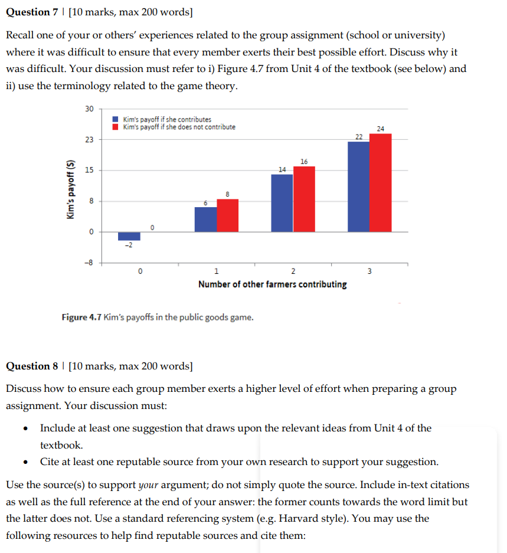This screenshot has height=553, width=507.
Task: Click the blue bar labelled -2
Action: coord(129,236)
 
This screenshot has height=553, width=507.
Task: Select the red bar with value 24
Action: coord(380,182)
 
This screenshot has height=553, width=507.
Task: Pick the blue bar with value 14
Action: coord(282,202)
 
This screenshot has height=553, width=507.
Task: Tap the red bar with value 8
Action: coord(227,215)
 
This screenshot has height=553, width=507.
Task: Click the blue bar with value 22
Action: coord(358,186)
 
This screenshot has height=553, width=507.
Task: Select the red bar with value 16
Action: coord(304,199)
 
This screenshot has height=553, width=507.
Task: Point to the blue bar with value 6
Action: coord(205,219)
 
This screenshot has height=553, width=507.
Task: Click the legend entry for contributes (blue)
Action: coord(162,120)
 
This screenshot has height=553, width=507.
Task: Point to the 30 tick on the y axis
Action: coord(89,109)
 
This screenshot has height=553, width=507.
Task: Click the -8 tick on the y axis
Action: coord(89,263)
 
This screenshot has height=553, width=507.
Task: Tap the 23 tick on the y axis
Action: coord(89,139)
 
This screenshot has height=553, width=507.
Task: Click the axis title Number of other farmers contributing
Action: coord(272,284)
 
